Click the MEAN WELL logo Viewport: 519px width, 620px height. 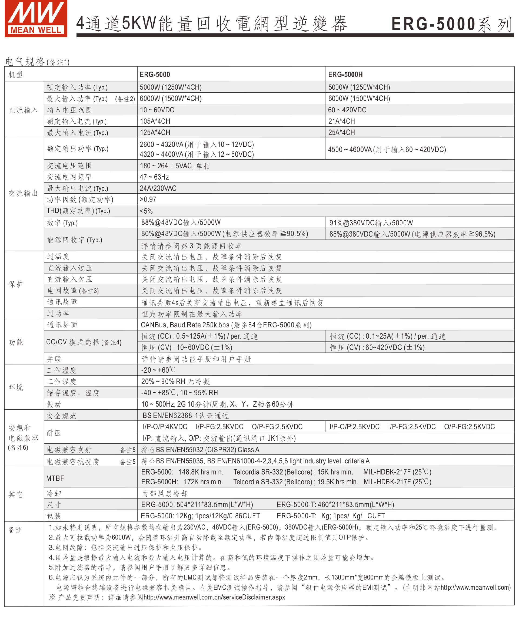click(36, 18)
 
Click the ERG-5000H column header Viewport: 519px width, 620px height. click(345, 75)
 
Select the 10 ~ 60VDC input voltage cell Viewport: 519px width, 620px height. click(157, 110)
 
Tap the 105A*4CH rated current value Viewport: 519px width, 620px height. click(155, 121)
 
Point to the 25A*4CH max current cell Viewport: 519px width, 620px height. click(341, 133)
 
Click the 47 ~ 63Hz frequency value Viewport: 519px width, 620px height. click(154, 177)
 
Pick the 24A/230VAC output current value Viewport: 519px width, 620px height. click(158, 188)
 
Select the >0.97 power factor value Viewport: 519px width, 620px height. click(148, 200)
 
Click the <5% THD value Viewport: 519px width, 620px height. click(146, 211)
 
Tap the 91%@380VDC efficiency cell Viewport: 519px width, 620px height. click(371, 223)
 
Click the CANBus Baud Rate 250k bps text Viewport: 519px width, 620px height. click(185, 325)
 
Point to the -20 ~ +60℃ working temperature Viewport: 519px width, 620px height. click(158, 370)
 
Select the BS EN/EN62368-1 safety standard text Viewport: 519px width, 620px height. click(186, 416)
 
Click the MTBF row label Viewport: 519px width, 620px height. click(55, 478)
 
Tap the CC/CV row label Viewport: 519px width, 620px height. click(84, 342)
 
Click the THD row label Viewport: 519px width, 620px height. click(78, 211)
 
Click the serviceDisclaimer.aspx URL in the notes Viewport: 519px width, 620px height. click(214, 597)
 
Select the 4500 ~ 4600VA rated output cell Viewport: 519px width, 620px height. click(387, 149)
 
